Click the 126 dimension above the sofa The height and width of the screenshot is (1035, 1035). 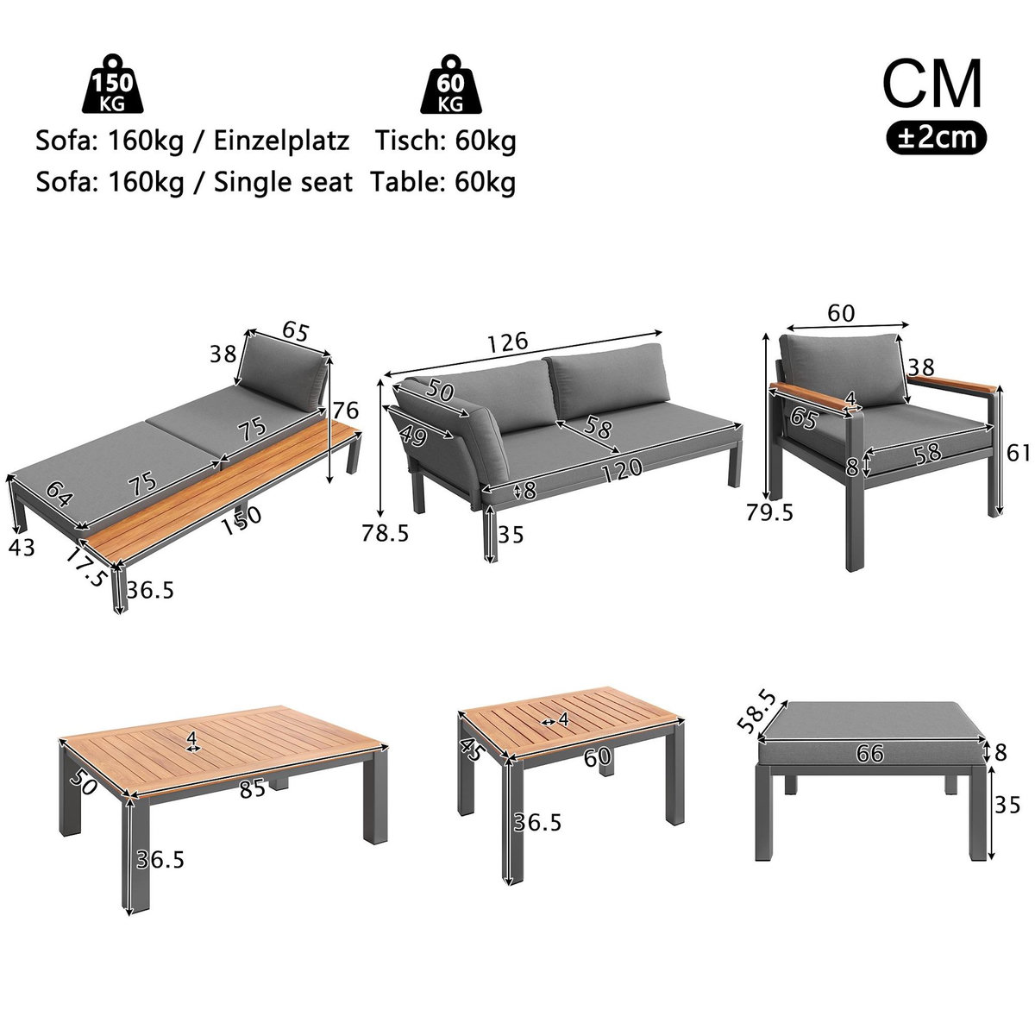pos(505,342)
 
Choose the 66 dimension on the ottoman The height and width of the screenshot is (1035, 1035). pos(870,753)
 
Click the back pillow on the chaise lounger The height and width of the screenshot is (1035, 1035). pos(283,366)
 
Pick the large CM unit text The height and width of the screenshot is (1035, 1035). pos(932,83)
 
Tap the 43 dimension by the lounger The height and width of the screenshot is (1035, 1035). pos(23,547)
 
